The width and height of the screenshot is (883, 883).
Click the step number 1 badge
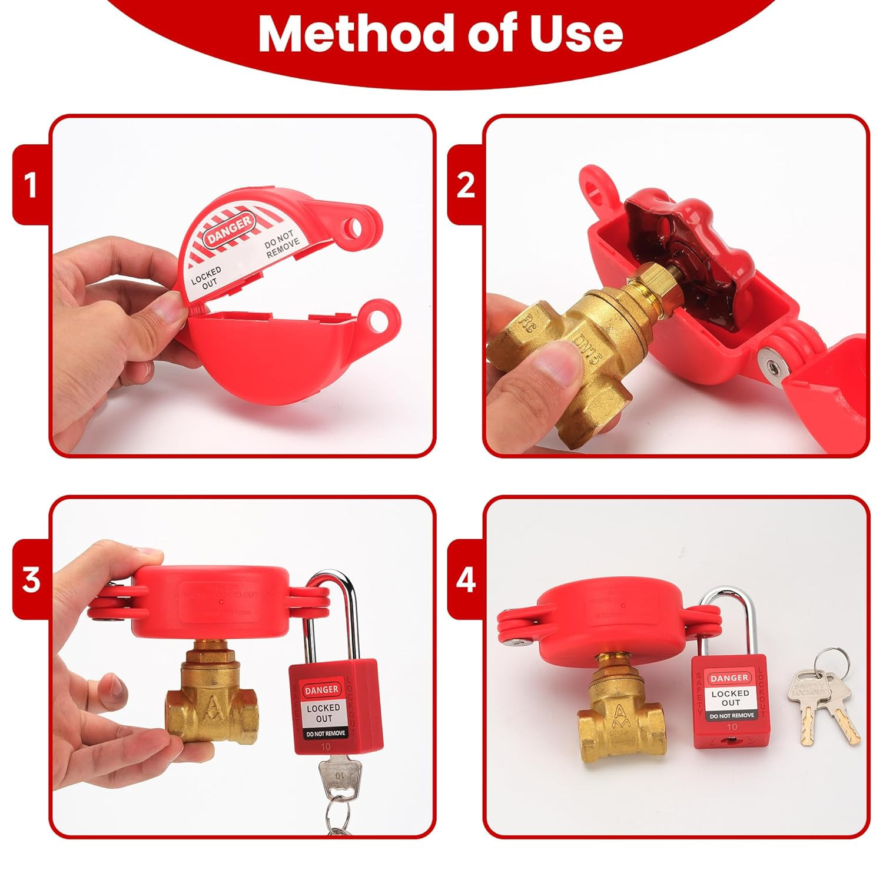click(31, 185)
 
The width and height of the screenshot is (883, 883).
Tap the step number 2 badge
click(465, 185)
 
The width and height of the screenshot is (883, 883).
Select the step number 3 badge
click(31, 580)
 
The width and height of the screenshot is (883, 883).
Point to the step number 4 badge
click(465, 580)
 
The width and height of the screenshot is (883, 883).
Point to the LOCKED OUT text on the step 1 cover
click(206, 277)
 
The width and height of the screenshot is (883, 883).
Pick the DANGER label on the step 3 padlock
click(322, 689)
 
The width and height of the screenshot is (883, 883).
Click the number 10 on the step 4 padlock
click(732, 728)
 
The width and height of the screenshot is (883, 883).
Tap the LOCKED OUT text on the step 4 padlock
click(731, 698)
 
